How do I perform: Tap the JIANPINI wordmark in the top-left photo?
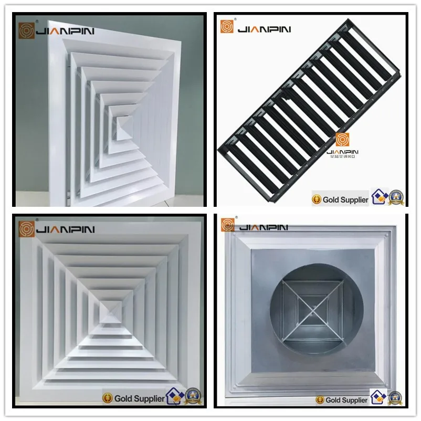[64, 31]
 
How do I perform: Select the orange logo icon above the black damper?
[227, 27]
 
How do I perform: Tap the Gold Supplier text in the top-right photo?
[345, 199]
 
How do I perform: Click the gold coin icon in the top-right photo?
[317, 199]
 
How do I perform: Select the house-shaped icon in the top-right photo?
[380, 197]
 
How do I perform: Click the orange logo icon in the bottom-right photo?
[228, 225]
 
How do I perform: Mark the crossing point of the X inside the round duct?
[316, 307]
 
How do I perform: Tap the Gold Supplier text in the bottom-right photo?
[346, 400]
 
